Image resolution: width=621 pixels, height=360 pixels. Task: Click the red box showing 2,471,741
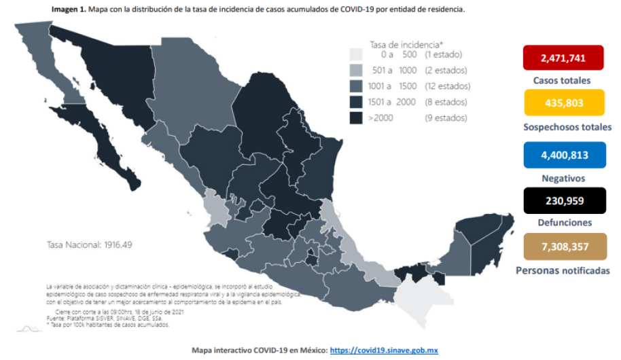pyautogui.click(x=563, y=58)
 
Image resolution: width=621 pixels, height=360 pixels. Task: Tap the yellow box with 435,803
pyautogui.click(x=563, y=103)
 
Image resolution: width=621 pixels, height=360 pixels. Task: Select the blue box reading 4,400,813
pyautogui.click(x=563, y=154)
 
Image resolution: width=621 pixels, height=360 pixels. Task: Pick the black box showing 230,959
pyautogui.click(x=563, y=200)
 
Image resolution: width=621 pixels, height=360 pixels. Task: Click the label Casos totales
pyautogui.click(x=563, y=80)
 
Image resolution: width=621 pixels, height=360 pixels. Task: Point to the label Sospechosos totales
pyautogui.click(x=567, y=127)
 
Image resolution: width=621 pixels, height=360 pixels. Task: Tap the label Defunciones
pyautogui.click(x=563, y=222)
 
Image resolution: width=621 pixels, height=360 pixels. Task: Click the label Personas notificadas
pyautogui.click(x=563, y=270)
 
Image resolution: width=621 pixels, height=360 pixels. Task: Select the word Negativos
pyautogui.click(x=563, y=178)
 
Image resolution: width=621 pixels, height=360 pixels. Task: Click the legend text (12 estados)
pyautogui.click(x=447, y=86)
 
